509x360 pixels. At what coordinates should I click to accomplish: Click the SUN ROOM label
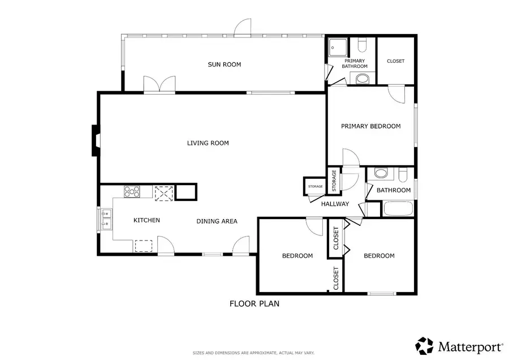[224, 65]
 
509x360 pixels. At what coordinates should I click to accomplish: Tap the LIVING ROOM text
[208, 143]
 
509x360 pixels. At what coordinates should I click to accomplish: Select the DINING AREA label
[217, 221]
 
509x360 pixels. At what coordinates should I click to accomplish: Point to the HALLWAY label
[335, 204]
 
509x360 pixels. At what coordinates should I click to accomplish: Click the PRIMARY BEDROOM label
[370, 126]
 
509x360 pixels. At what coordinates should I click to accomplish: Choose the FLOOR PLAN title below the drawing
[254, 304]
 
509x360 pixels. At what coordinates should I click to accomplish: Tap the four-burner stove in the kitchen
[132, 192]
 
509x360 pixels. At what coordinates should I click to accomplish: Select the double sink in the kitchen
[106, 219]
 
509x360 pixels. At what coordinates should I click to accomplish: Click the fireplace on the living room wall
[96, 140]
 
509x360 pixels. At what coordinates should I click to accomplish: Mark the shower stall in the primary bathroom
[337, 46]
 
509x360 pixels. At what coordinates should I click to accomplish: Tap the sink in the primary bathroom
[363, 79]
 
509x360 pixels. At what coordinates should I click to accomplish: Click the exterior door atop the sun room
[242, 27]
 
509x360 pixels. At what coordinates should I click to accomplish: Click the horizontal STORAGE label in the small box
[315, 186]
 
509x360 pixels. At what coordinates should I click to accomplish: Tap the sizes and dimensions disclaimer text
[254, 352]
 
